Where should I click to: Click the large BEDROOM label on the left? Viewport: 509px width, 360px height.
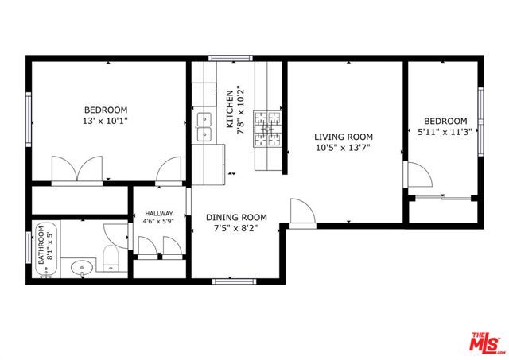pyautogui.click(x=106, y=110)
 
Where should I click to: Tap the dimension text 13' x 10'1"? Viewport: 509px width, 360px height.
pyautogui.click(x=106, y=121)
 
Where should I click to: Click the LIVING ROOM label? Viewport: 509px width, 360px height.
pyautogui.click(x=343, y=137)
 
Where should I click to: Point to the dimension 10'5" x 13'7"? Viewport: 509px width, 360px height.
pyautogui.click(x=343, y=147)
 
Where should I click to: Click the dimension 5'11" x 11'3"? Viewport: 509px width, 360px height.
pyautogui.click(x=444, y=133)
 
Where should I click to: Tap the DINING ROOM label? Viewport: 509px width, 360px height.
pyautogui.click(x=236, y=218)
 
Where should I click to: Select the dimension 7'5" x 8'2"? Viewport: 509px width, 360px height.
pyautogui.click(x=236, y=229)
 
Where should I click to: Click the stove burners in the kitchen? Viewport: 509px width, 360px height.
pyautogui.click(x=269, y=129)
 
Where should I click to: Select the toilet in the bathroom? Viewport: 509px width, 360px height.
pyautogui.click(x=111, y=257)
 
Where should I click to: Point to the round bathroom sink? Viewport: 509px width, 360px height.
pyautogui.click(x=79, y=268)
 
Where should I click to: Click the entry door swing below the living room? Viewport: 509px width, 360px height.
pyautogui.click(x=301, y=212)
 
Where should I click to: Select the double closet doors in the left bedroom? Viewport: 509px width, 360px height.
pyautogui.click(x=76, y=169)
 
